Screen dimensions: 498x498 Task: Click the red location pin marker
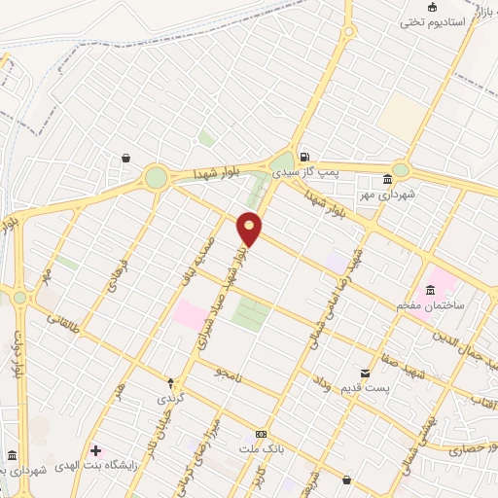[250, 228]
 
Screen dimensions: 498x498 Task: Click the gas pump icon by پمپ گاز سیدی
[305, 157]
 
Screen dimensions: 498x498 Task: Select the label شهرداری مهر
[412, 195]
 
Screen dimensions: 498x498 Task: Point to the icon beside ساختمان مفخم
[429, 290]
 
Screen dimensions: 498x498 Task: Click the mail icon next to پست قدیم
[365, 373]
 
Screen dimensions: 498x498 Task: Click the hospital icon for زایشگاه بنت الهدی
[95, 449]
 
